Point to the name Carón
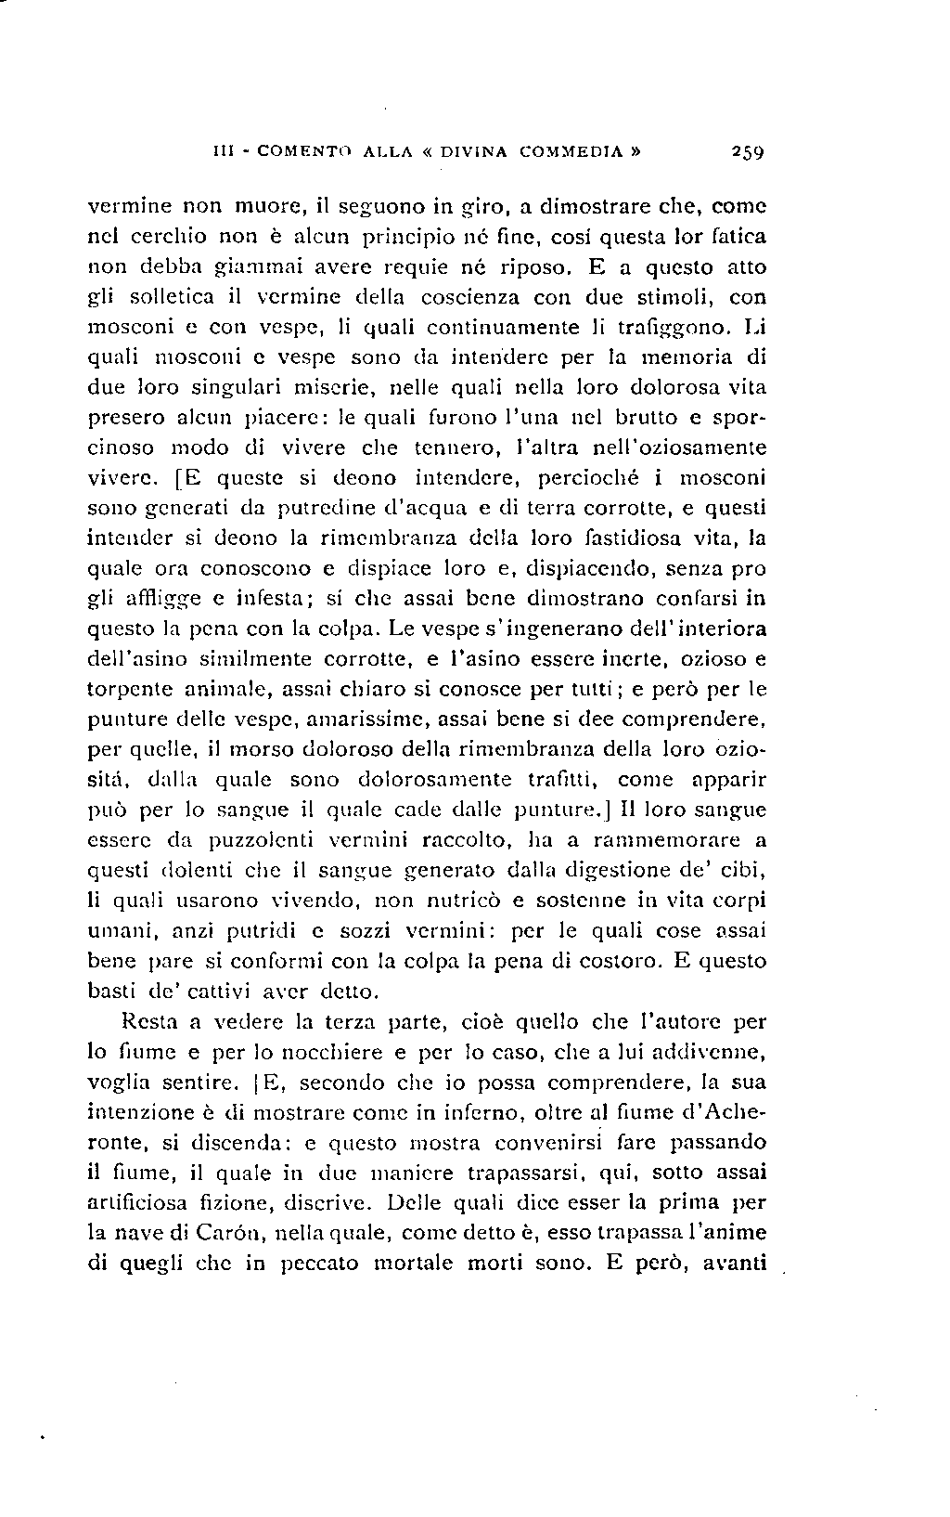tap(225, 1233)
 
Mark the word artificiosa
tap(143, 1202)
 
